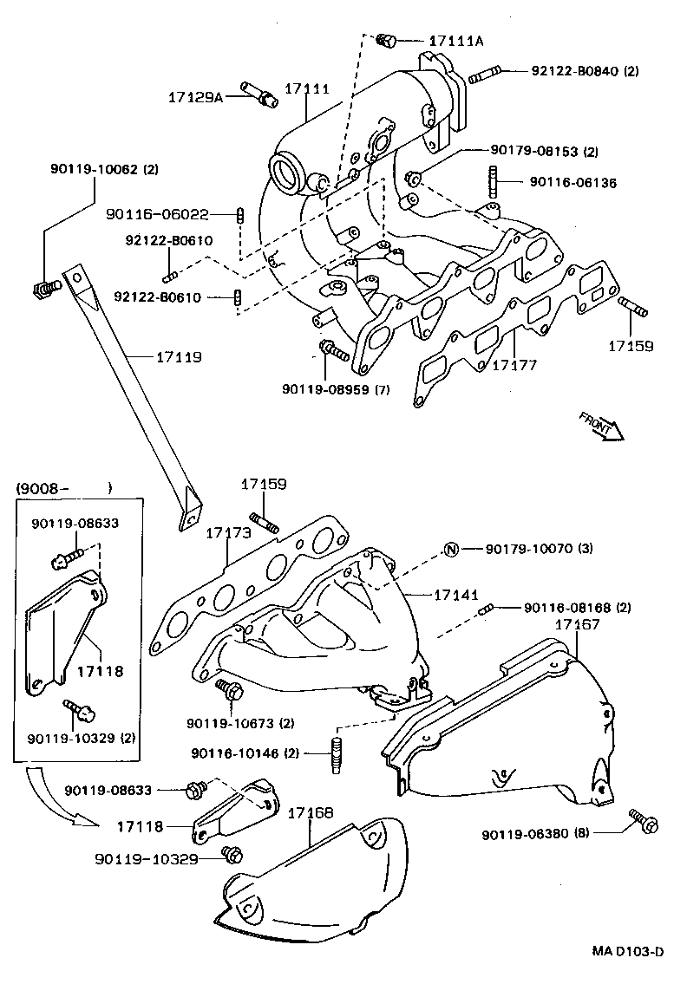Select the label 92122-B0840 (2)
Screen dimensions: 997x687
585,71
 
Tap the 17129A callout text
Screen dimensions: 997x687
195,97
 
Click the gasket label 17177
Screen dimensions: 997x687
514,366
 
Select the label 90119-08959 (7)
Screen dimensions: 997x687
335,389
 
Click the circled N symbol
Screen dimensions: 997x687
451,549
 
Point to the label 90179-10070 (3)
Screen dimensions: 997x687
539,549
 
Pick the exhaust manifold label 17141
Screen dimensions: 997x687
456,595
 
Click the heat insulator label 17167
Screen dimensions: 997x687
579,624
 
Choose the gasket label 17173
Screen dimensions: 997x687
228,532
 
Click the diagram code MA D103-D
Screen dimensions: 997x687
628,951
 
